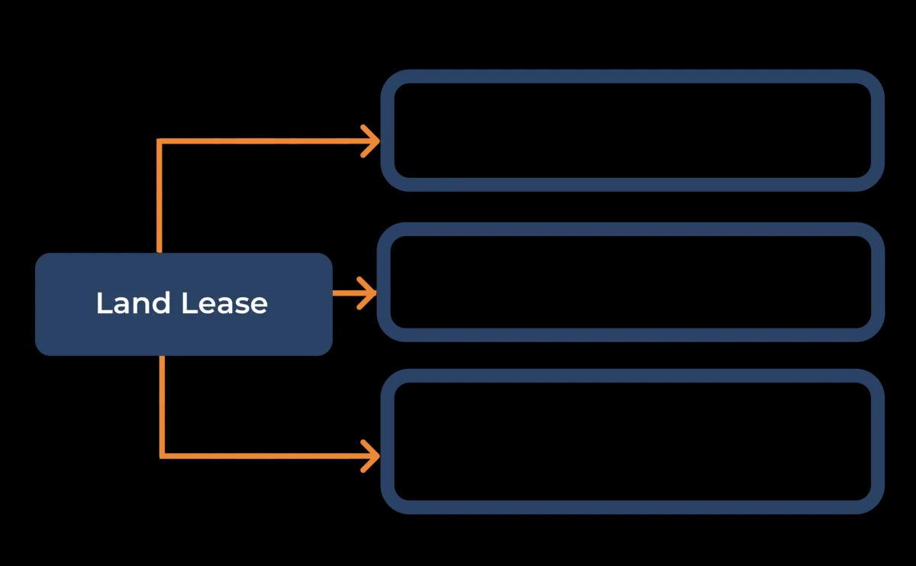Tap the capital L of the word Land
(x=102, y=303)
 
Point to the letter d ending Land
(x=163, y=303)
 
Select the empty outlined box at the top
(x=632, y=130)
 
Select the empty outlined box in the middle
(x=631, y=282)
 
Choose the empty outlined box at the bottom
(x=632, y=441)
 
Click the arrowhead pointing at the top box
(x=372, y=141)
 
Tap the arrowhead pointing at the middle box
(x=369, y=293)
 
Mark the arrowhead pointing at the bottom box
(x=372, y=456)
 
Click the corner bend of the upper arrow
(x=160, y=141)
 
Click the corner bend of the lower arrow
(x=162, y=456)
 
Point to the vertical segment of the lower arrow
(x=162, y=405)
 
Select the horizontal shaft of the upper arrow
(x=260, y=141)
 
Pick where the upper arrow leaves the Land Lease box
(x=160, y=251)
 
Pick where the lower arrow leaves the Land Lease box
(x=162, y=357)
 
